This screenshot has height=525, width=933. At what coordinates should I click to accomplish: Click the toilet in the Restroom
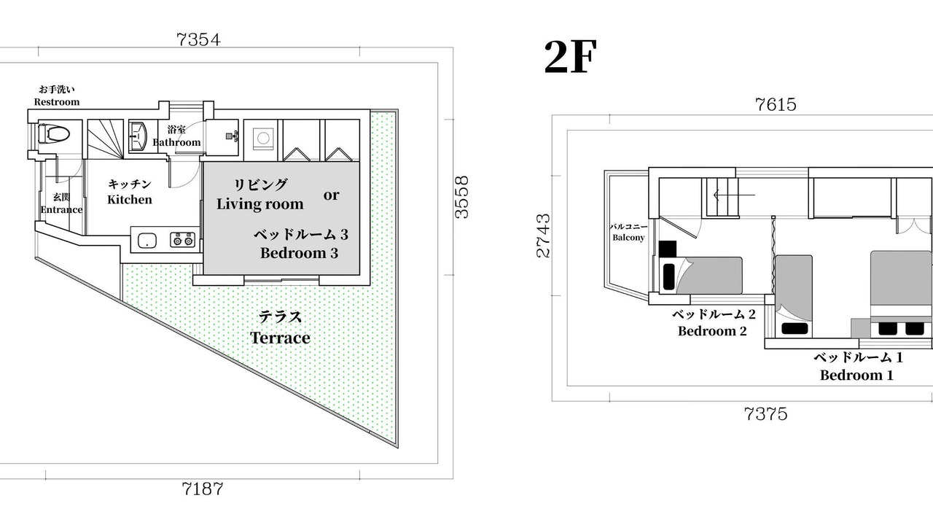pos(54,134)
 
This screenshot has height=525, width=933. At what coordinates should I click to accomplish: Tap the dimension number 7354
pos(199,39)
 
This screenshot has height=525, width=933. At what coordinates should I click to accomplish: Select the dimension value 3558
pos(461,197)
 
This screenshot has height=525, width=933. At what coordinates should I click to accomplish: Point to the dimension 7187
pos(203,489)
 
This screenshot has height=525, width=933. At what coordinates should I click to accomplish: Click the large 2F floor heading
pos(571,57)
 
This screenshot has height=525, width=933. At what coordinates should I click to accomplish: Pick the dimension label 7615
pos(776,104)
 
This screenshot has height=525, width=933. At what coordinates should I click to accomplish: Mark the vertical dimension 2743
pos(543,236)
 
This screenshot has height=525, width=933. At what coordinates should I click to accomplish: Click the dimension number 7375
pos(765,414)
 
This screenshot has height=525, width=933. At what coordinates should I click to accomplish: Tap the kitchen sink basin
pos(147,240)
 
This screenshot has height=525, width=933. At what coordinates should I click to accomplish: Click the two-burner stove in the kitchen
pos(183,240)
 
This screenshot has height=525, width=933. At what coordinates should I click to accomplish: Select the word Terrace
pos(280,338)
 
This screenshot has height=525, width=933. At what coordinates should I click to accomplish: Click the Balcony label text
pos(628,238)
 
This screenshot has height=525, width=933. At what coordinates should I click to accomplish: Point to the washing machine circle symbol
pos(263,138)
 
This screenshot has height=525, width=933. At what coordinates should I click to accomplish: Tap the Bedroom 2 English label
pos(712,331)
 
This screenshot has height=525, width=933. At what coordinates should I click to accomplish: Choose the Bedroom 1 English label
pos(856,376)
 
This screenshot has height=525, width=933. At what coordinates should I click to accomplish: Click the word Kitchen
pos(130,200)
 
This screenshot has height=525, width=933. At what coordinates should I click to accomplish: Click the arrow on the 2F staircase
pos(734,195)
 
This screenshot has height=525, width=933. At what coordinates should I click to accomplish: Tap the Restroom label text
pos(57,102)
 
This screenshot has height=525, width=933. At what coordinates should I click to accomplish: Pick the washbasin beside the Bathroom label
pos(137,136)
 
